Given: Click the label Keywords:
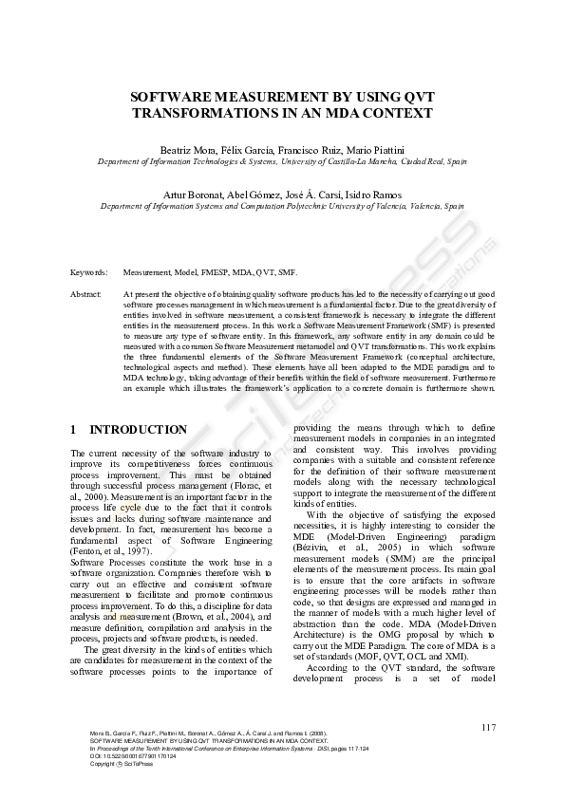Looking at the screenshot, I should click(x=89, y=272).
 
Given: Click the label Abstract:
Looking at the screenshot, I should click(x=86, y=295).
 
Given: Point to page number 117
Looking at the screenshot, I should click(x=488, y=728).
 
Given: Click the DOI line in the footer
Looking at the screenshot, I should click(x=123, y=755).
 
